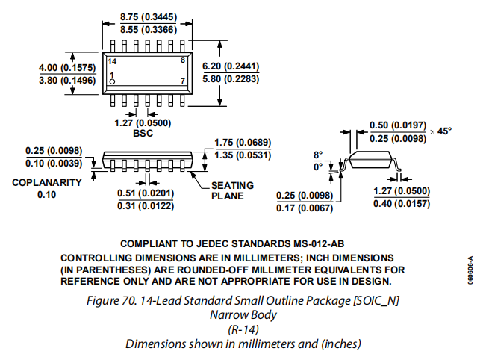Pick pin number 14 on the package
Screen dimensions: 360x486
click(x=112, y=60)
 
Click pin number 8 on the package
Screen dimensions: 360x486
click(x=182, y=60)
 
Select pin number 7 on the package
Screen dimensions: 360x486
click(x=182, y=79)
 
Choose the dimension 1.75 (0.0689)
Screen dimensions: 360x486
click(x=242, y=143)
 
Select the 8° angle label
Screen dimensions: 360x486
click(x=317, y=155)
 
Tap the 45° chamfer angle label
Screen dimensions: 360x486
click(x=445, y=131)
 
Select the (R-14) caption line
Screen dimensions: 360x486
click(x=243, y=329)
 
